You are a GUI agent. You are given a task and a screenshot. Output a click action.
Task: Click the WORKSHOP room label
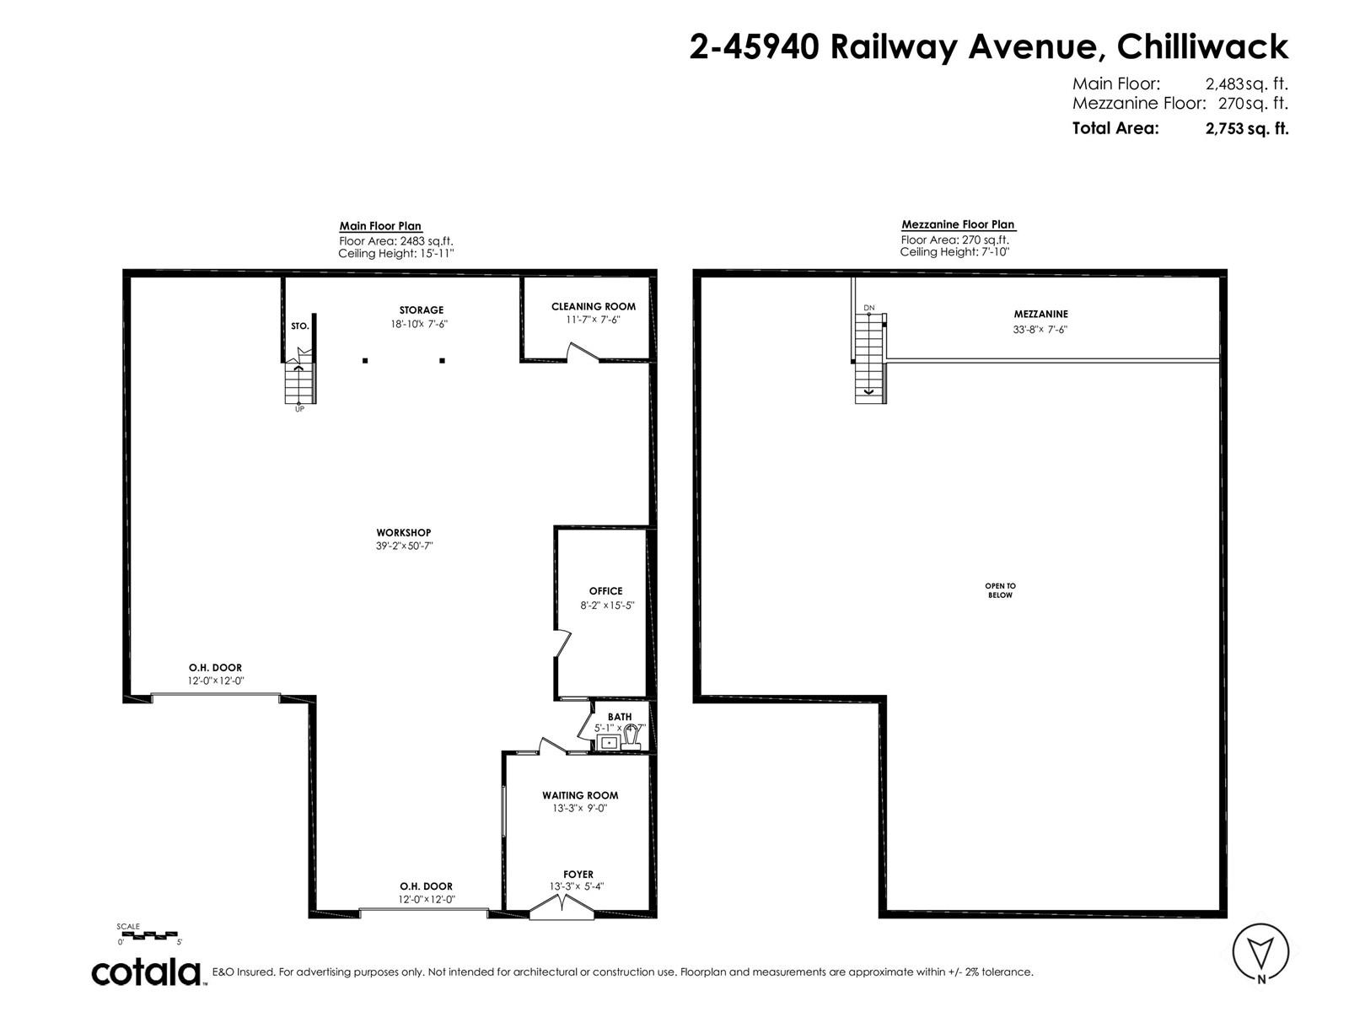(403, 533)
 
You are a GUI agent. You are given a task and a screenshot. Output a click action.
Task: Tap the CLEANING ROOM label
(594, 306)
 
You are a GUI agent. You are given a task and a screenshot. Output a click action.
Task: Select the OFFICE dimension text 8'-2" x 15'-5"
(606, 606)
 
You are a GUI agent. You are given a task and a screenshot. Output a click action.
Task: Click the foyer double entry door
(561, 908)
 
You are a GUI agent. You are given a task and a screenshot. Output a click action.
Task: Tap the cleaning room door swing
(582, 352)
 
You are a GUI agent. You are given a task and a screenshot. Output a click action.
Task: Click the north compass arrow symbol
(1260, 951)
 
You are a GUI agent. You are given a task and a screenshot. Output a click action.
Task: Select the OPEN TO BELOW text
(1000, 590)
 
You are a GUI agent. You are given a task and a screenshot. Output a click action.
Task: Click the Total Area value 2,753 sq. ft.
(1247, 128)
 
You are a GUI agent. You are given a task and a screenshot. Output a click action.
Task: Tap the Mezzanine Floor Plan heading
(959, 224)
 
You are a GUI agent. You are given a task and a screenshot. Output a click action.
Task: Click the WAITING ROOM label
(580, 795)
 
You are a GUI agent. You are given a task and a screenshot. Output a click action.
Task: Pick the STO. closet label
(299, 326)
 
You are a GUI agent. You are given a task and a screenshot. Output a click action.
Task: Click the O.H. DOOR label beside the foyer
(426, 886)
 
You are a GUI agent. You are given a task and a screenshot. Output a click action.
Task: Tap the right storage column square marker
(442, 361)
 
